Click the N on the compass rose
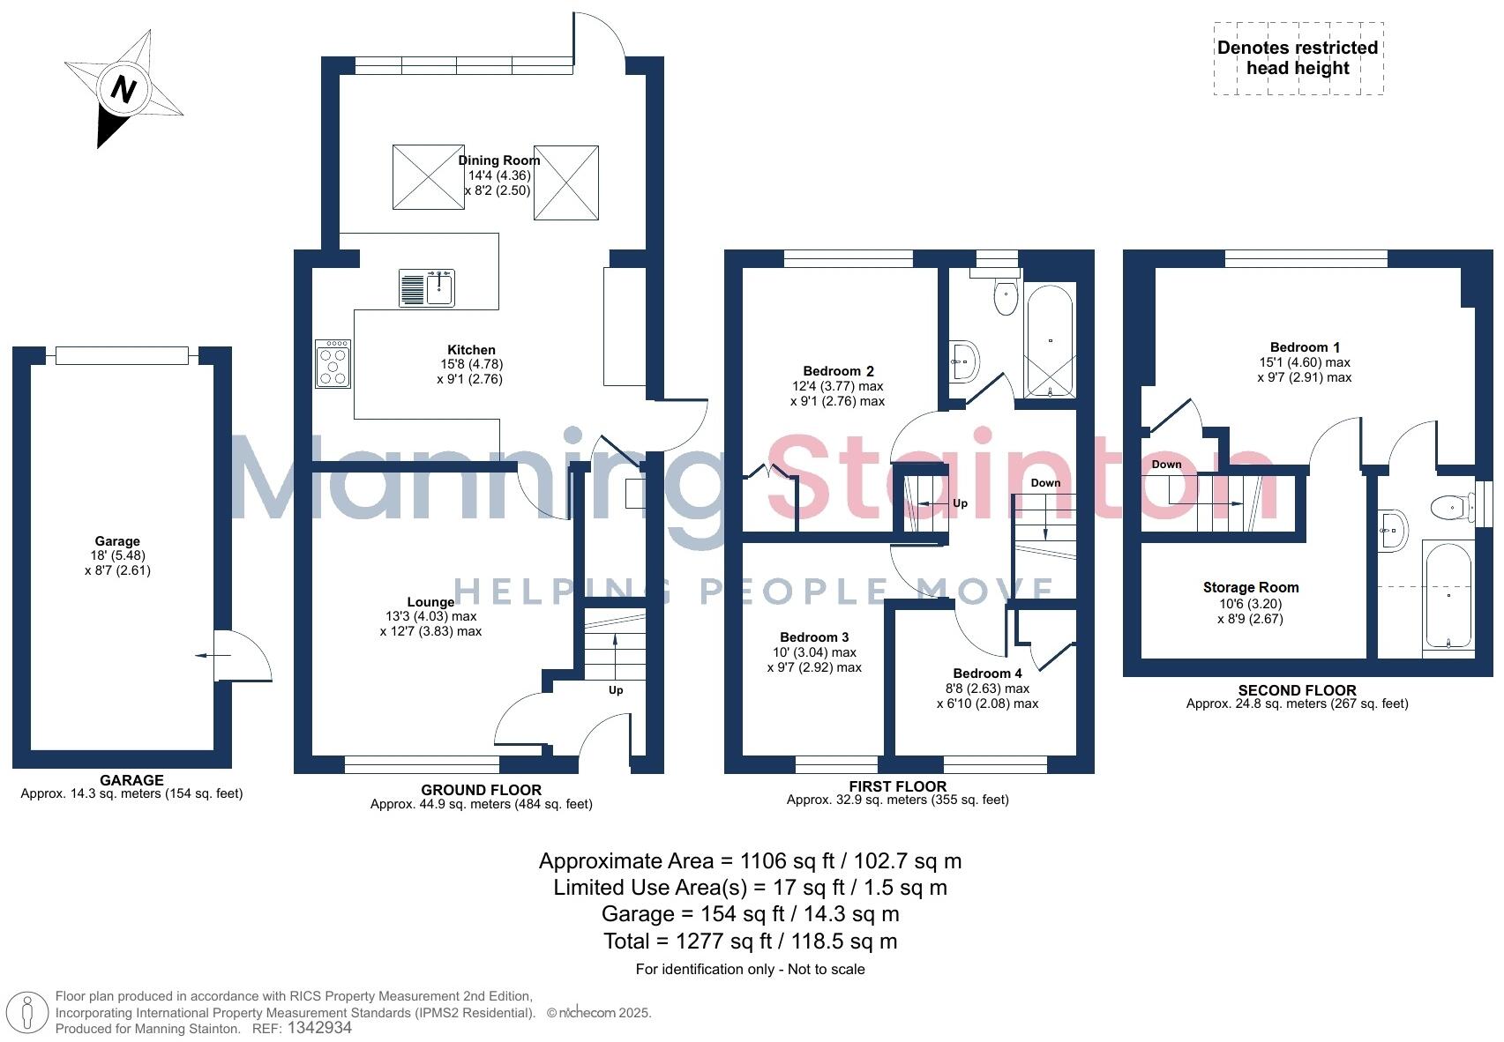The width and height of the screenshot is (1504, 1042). [124, 90]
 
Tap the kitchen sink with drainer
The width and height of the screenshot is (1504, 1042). [426, 287]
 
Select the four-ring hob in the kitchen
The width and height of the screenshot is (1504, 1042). [333, 363]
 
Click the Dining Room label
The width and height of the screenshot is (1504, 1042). [498, 160]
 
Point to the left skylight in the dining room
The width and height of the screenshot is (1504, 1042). [428, 177]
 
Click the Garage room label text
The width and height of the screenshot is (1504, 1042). [117, 541]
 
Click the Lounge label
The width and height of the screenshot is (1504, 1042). [430, 602]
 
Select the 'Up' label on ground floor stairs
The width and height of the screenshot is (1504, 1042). [616, 689]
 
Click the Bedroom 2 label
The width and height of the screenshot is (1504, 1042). [838, 371]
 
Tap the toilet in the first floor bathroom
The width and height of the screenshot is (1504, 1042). [1005, 298]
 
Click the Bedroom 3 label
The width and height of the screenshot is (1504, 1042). [814, 637]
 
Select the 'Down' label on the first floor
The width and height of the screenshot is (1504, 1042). [1045, 483]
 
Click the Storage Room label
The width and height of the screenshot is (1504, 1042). [1250, 588]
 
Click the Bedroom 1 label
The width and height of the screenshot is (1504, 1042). [1305, 347]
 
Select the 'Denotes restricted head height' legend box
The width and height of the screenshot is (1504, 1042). [1298, 58]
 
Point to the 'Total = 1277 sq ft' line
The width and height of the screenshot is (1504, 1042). [750, 942]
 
